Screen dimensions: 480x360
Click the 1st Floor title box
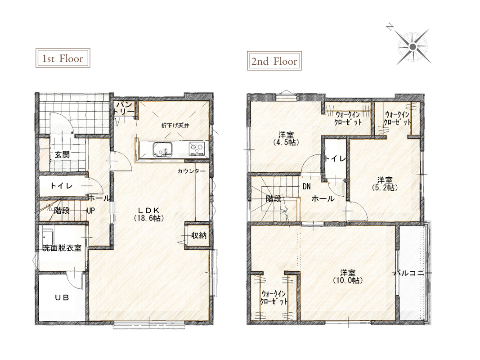coord(63,58)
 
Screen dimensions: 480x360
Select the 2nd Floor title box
coord(274,61)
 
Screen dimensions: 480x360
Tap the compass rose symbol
coord(413,46)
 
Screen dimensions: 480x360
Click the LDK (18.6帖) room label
coord(148,214)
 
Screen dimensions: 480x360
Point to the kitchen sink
coord(162,149)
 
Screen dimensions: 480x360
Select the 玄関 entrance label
coord(62,155)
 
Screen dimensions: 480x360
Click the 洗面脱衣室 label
coord(62,247)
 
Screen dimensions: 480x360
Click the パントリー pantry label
coord(124,108)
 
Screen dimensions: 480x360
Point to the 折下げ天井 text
coord(175,125)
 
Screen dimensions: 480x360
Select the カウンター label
coord(191,171)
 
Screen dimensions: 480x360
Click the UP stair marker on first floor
coord(91,211)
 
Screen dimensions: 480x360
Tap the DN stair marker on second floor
coord(306,186)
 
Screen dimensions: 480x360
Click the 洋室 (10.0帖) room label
coord(348,276)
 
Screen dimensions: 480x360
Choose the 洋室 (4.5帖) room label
coord(286,138)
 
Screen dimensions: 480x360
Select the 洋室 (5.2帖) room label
coord(385,184)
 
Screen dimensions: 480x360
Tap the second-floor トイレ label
coord(335,158)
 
